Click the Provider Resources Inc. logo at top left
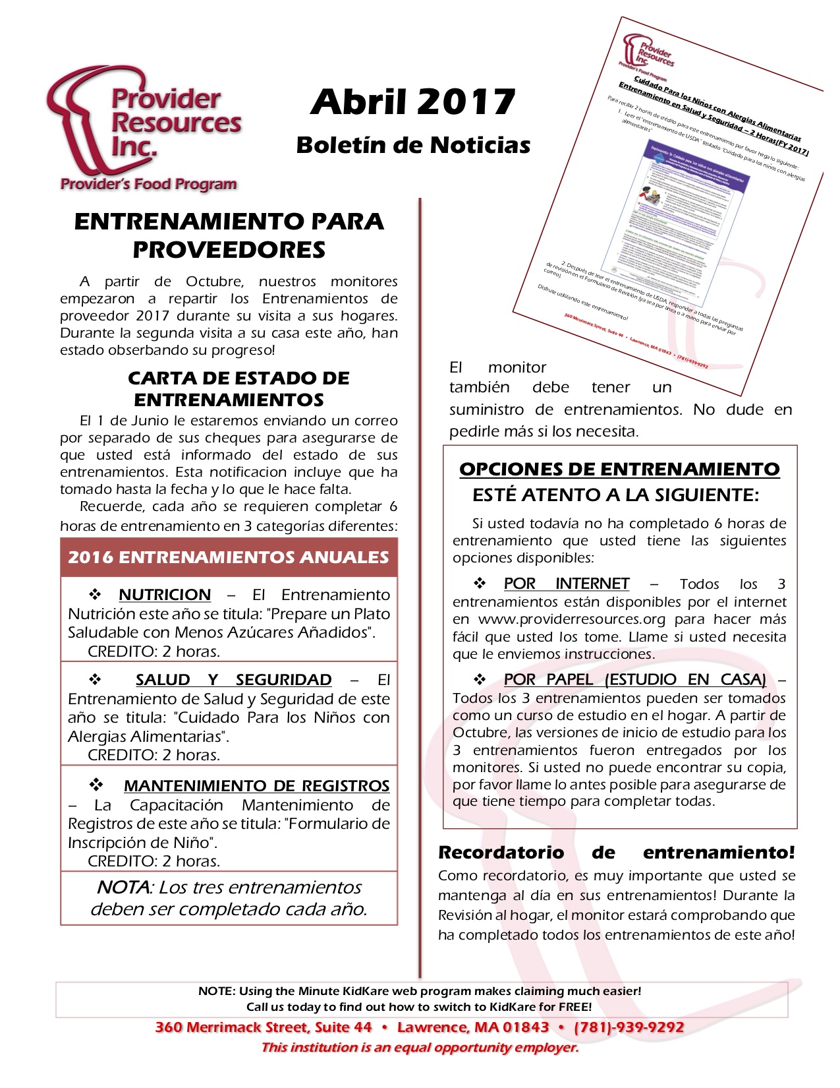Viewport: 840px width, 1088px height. (x=144, y=129)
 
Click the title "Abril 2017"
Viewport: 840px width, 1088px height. (x=412, y=102)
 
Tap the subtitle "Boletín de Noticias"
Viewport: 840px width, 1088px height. (x=413, y=145)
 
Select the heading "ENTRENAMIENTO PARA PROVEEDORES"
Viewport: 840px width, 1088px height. (x=229, y=235)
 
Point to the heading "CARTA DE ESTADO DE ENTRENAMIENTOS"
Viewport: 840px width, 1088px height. (x=238, y=388)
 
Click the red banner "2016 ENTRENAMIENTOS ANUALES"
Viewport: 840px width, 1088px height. (x=229, y=557)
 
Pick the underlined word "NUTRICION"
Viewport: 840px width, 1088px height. (x=165, y=595)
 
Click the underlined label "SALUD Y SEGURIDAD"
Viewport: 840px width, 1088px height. (x=233, y=680)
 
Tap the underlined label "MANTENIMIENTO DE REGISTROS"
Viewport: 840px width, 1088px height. (x=256, y=786)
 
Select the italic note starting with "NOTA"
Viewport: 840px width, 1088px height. (x=229, y=898)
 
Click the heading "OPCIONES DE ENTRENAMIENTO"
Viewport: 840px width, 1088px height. (x=619, y=469)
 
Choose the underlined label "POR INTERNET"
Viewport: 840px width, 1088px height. (x=566, y=584)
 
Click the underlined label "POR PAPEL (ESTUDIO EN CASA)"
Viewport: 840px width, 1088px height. (x=634, y=680)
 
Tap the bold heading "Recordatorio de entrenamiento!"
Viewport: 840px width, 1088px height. (x=616, y=853)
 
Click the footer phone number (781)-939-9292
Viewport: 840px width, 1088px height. (x=629, y=1027)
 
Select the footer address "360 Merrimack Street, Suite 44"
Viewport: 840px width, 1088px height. (x=264, y=1027)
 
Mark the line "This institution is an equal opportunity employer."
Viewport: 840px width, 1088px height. (x=420, y=1047)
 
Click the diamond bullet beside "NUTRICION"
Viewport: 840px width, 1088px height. (x=95, y=594)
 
